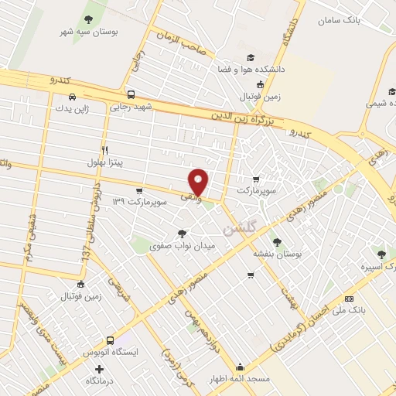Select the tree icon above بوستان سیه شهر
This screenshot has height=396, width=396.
(x=87, y=18)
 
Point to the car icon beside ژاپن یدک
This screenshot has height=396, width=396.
(x=72, y=97)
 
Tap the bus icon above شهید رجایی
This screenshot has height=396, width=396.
(x=131, y=94)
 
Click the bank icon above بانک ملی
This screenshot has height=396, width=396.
(x=349, y=299)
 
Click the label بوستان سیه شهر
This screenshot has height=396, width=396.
(x=87, y=32)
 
